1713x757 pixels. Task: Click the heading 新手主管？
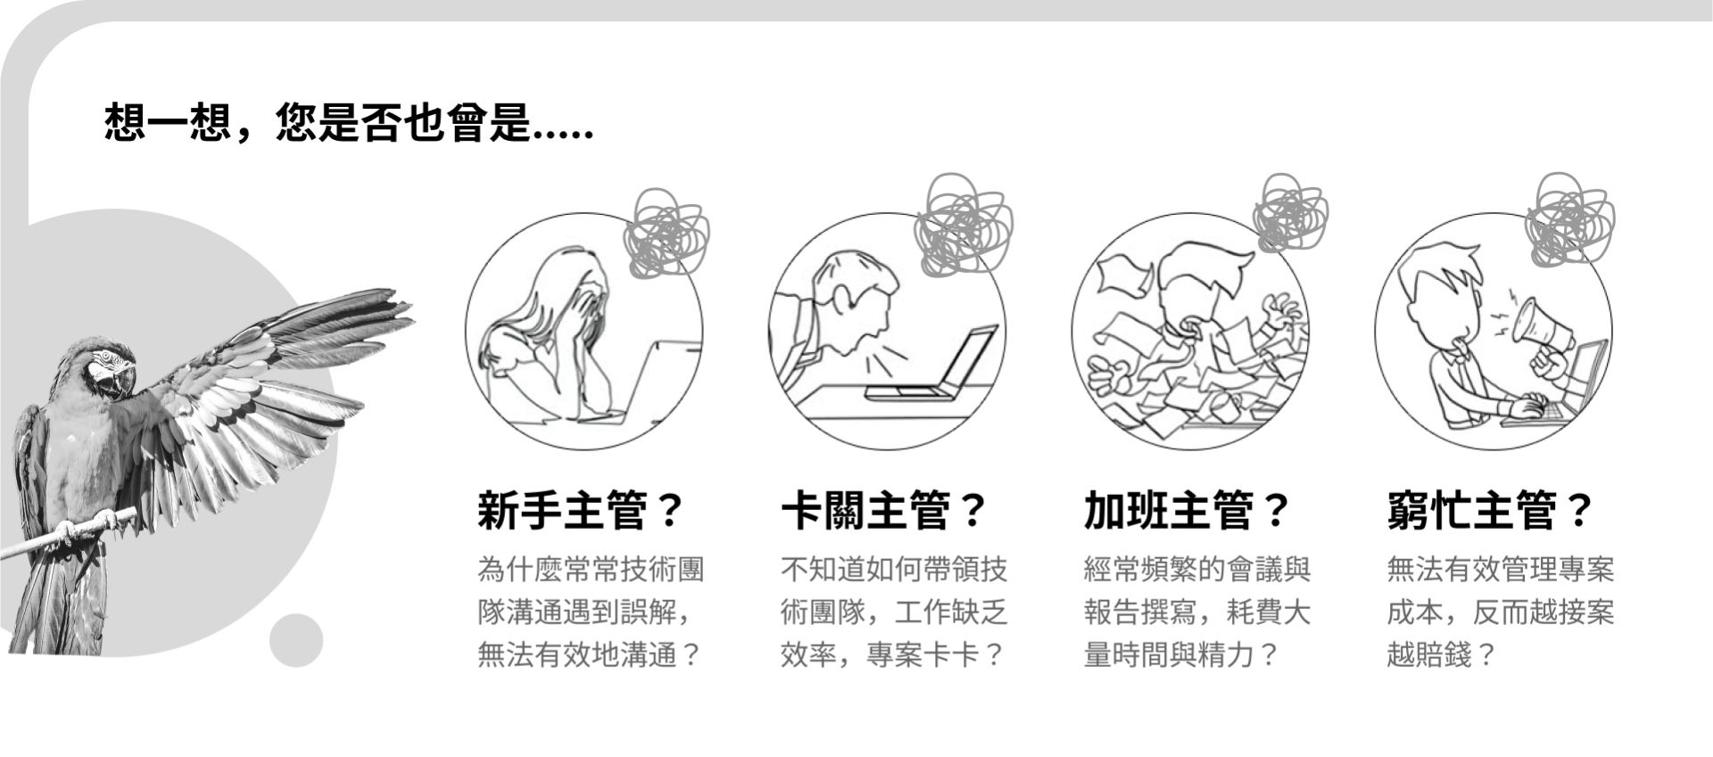click(x=581, y=511)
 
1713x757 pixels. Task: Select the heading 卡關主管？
click(x=884, y=511)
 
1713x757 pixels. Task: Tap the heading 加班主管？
click(x=1188, y=511)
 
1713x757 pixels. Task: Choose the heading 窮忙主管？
click(x=1491, y=511)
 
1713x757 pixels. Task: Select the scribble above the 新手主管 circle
click(x=668, y=231)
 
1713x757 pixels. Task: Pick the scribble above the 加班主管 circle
click(x=1290, y=211)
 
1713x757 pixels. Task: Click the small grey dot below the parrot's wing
click(x=295, y=640)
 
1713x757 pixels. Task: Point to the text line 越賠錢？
click(x=1441, y=655)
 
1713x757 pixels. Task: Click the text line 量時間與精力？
click(x=1182, y=655)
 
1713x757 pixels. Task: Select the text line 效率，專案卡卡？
click(x=893, y=655)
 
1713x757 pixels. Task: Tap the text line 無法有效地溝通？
click(x=590, y=655)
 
